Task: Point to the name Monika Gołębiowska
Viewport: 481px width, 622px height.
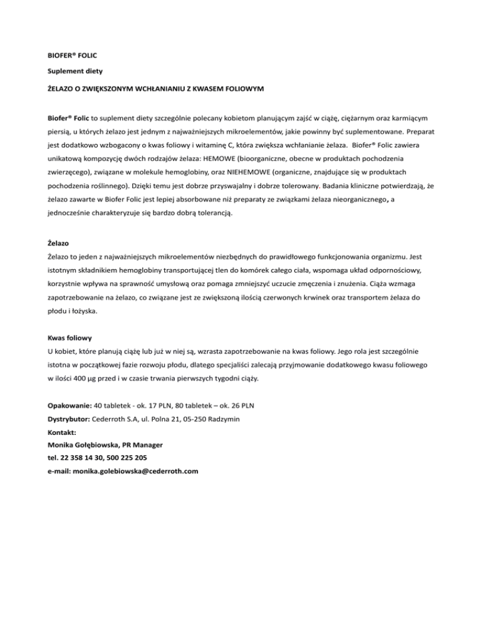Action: [x=80, y=446]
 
